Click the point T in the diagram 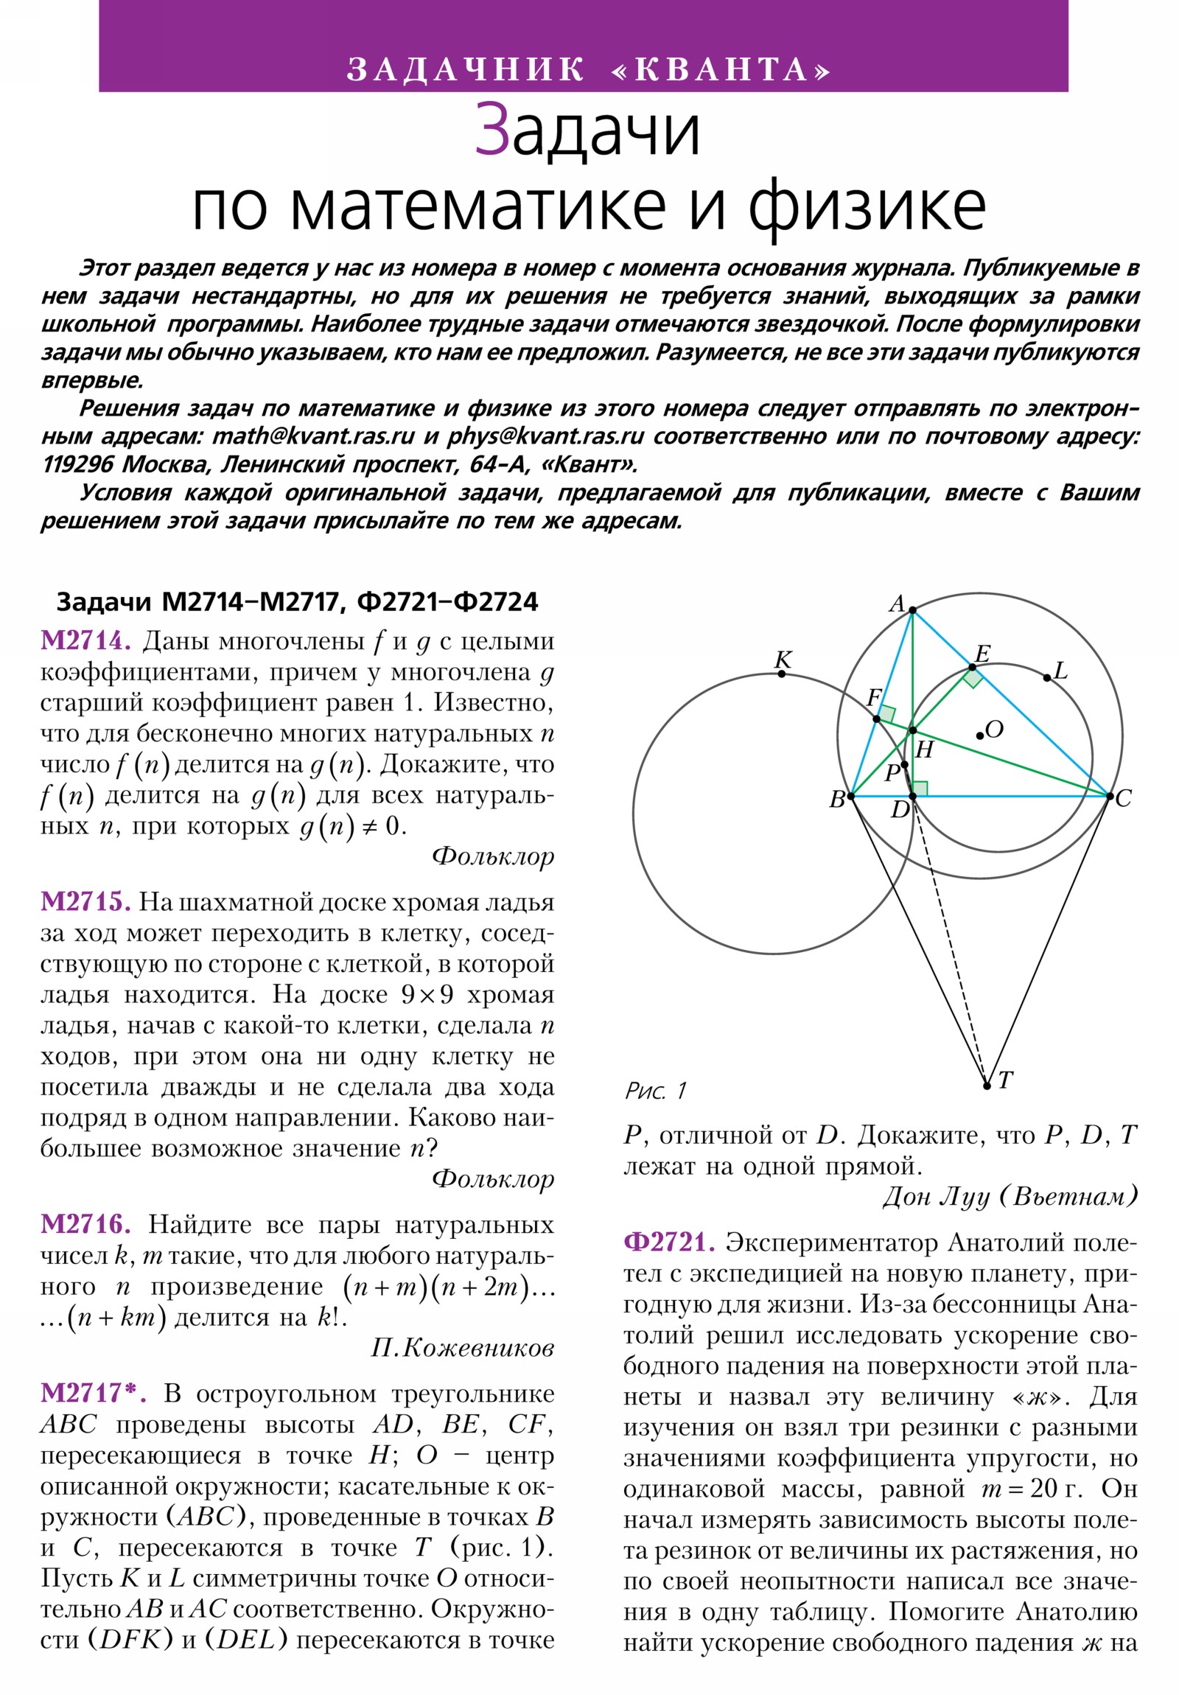coord(987,1086)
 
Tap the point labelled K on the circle coord(782,674)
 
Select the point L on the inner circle coord(1046,677)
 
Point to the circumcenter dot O coord(979,735)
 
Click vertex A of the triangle coord(912,609)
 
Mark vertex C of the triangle coord(1109,796)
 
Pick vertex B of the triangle coord(850,796)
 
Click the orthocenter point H coord(912,730)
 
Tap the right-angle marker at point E coord(973,677)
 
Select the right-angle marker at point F coord(886,714)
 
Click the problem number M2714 coord(85,641)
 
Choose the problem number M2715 coord(85,901)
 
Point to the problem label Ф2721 coord(669,1242)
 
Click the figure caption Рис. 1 coord(656,1091)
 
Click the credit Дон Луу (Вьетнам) coord(1010,1195)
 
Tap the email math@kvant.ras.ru coord(314,436)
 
